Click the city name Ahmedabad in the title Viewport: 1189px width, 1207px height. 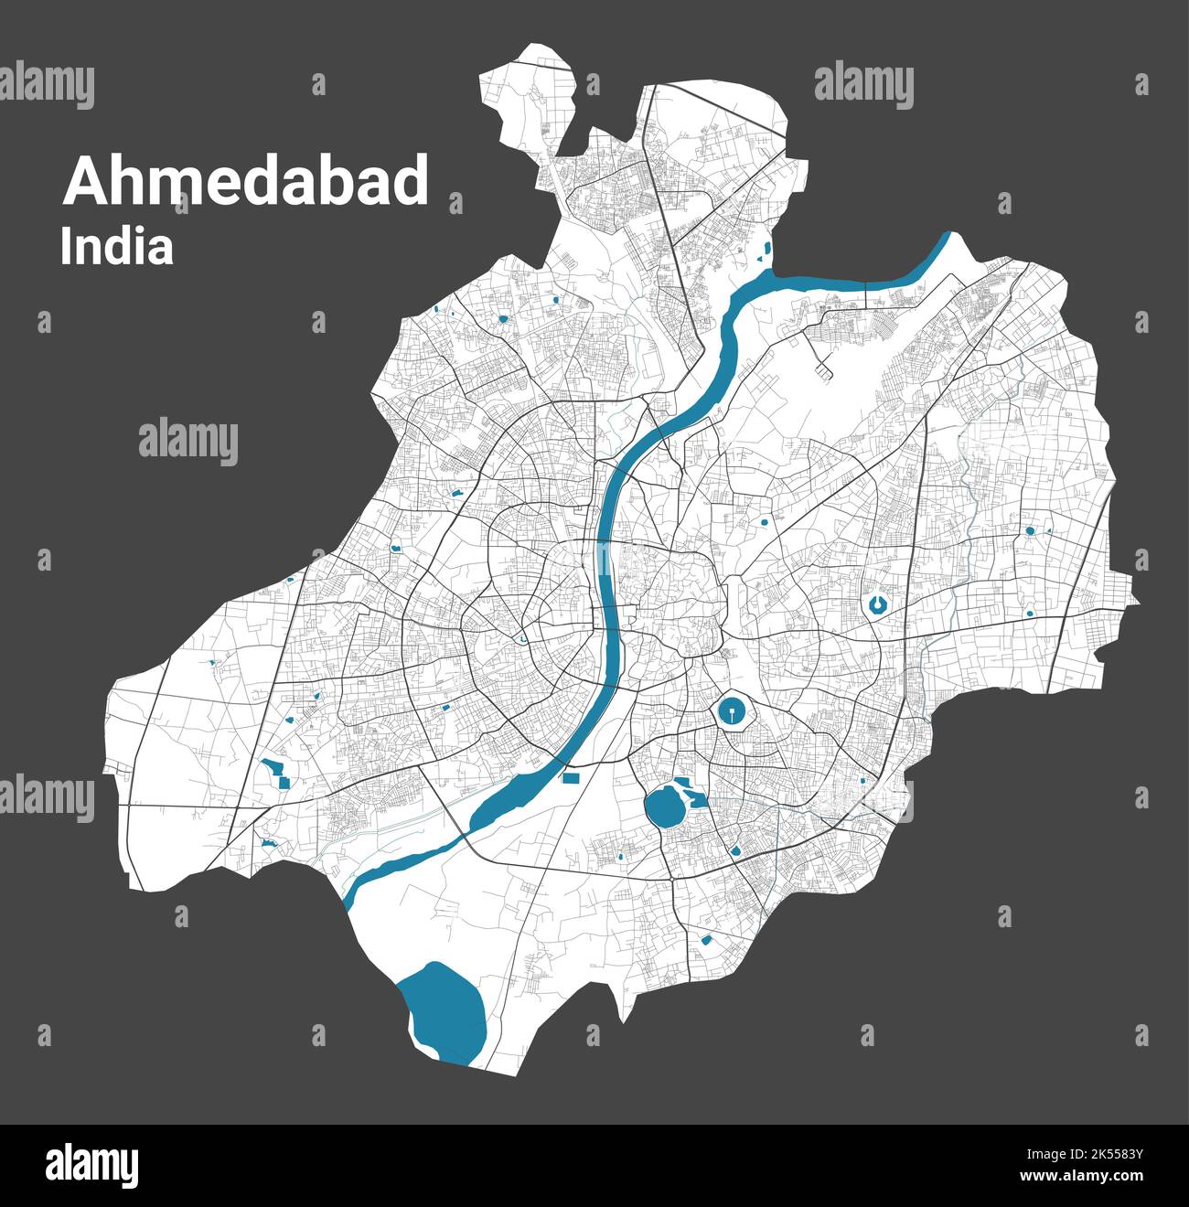pyautogui.click(x=245, y=181)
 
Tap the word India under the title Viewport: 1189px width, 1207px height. pyautogui.click(x=116, y=248)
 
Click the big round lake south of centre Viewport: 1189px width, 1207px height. pyautogui.click(x=665, y=808)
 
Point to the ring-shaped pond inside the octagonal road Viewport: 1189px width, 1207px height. pyautogui.click(x=731, y=710)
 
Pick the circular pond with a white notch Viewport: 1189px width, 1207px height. pyautogui.click(x=878, y=603)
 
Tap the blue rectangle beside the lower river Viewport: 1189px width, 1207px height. pyautogui.click(x=572, y=778)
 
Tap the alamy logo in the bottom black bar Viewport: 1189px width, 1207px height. pyautogui.click(x=91, y=1167)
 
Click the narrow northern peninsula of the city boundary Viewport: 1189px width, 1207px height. pyautogui.click(x=530, y=101)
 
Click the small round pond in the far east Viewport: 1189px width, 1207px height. pyautogui.click(x=1030, y=530)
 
